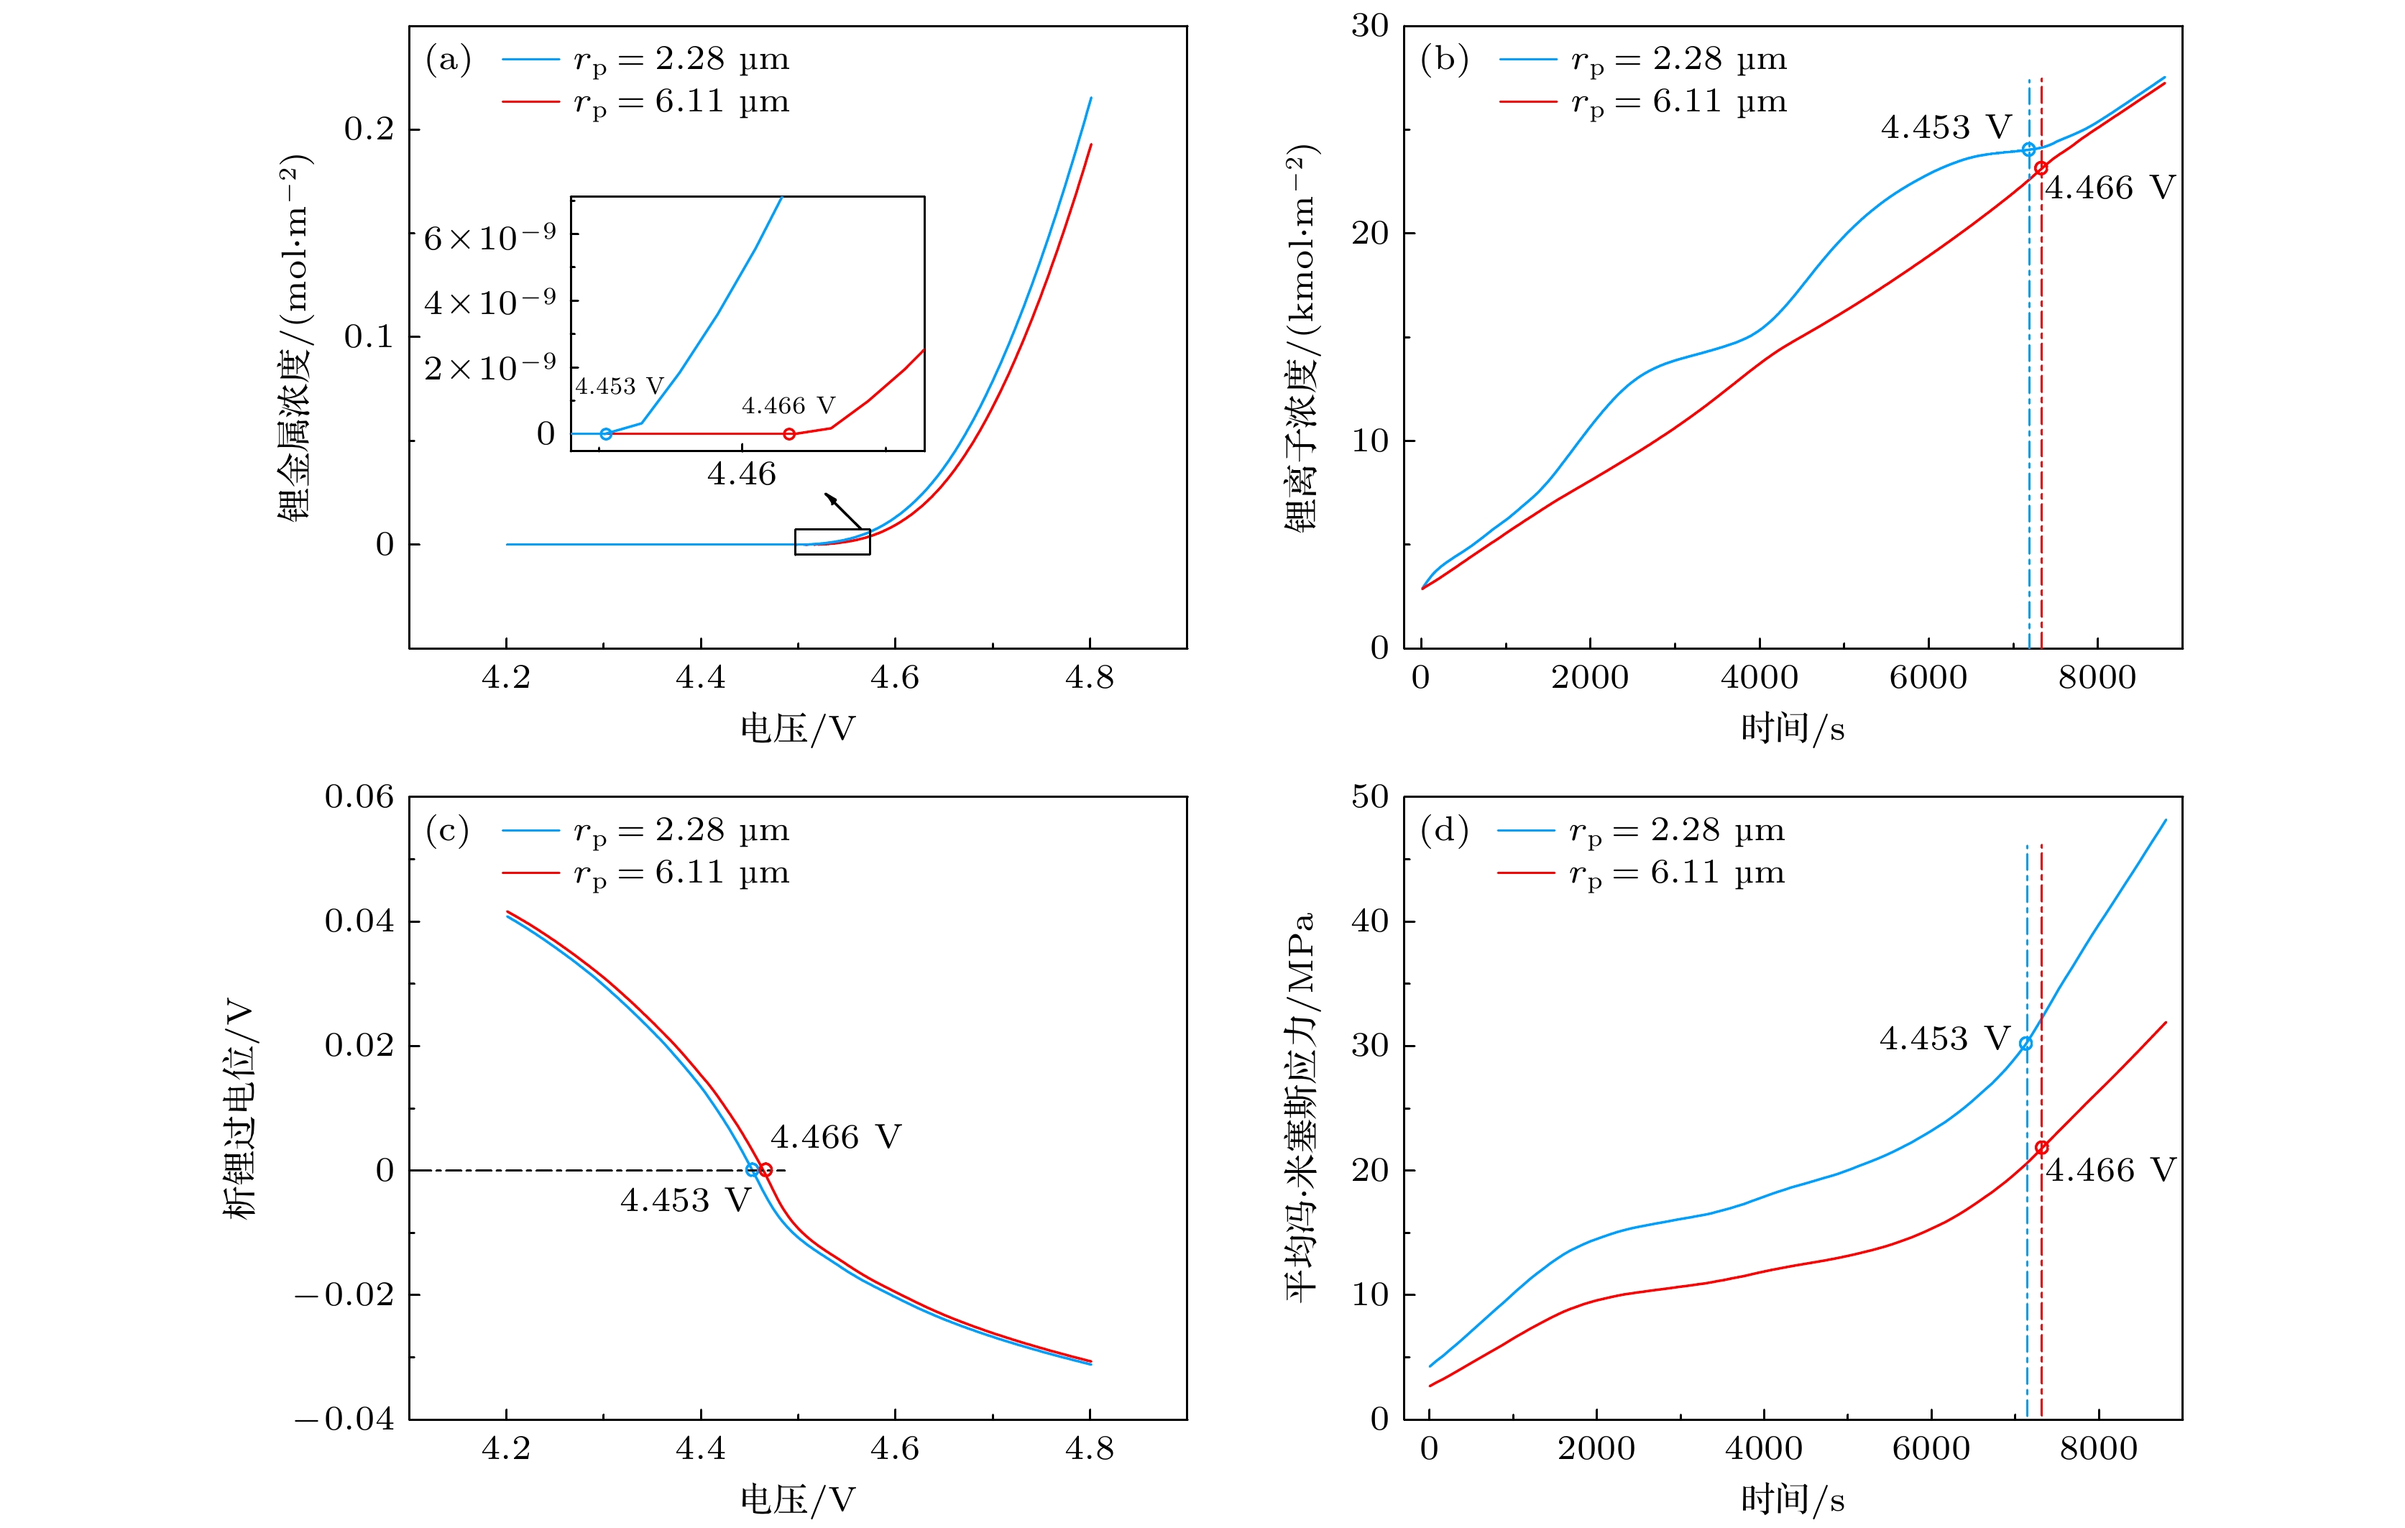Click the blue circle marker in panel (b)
(x=2028, y=149)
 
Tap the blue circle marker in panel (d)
(x=2025, y=1044)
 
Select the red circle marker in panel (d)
(x=2041, y=1149)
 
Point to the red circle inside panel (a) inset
(x=789, y=434)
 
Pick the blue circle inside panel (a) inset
(x=606, y=434)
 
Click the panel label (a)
(x=449, y=60)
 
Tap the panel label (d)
(x=1444, y=831)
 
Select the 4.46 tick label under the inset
(x=741, y=474)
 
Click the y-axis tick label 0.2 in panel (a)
(x=369, y=129)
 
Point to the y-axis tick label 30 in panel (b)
(x=1370, y=26)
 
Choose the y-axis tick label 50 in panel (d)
(x=1370, y=797)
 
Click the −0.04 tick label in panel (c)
(x=344, y=1419)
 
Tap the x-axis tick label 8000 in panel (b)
(x=2097, y=678)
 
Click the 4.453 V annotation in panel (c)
(x=685, y=1200)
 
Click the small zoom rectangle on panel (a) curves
(x=832, y=541)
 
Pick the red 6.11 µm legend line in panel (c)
(x=530, y=873)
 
